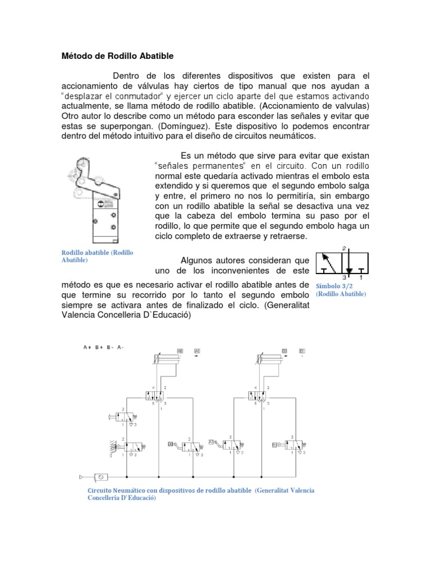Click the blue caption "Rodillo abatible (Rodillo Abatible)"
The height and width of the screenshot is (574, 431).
click(x=97, y=256)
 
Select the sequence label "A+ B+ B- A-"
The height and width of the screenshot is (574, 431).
click(x=103, y=347)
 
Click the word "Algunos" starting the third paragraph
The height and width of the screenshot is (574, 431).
click(x=197, y=260)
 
